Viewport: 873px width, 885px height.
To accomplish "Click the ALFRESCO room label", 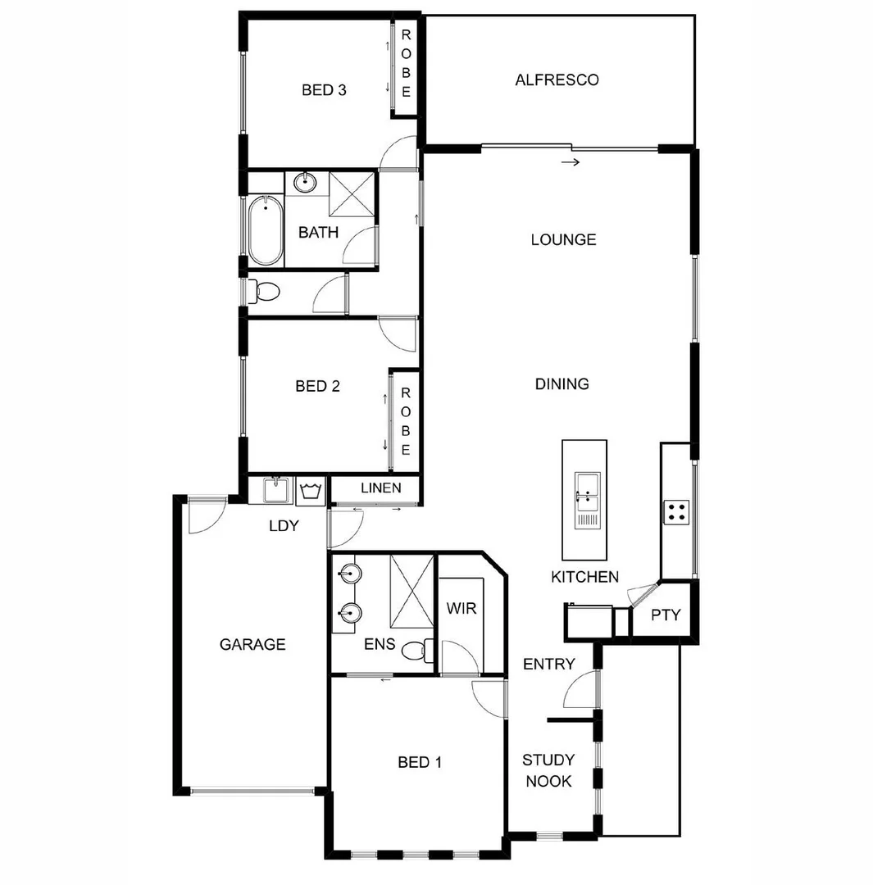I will [557, 80].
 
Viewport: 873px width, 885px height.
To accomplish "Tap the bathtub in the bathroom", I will [265, 230].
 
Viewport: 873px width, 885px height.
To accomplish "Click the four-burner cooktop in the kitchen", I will [677, 512].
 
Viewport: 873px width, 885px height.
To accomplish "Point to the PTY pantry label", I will [666, 615].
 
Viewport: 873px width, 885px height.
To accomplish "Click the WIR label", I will [462, 609].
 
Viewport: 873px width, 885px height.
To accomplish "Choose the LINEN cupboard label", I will [380, 488].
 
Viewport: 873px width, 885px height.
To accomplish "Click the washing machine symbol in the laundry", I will [311, 491].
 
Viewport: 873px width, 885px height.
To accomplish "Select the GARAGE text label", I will [252, 645].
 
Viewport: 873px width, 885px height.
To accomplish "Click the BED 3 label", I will [324, 90].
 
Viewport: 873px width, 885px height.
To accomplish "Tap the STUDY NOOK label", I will [548, 771].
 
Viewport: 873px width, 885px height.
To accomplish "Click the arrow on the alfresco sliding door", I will [571, 162].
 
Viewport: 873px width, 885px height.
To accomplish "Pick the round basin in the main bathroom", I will [305, 182].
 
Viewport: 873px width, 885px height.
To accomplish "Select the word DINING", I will [562, 383].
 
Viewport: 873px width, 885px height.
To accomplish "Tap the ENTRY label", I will [548, 664].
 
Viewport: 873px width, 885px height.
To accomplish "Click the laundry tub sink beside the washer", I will [275, 490].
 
